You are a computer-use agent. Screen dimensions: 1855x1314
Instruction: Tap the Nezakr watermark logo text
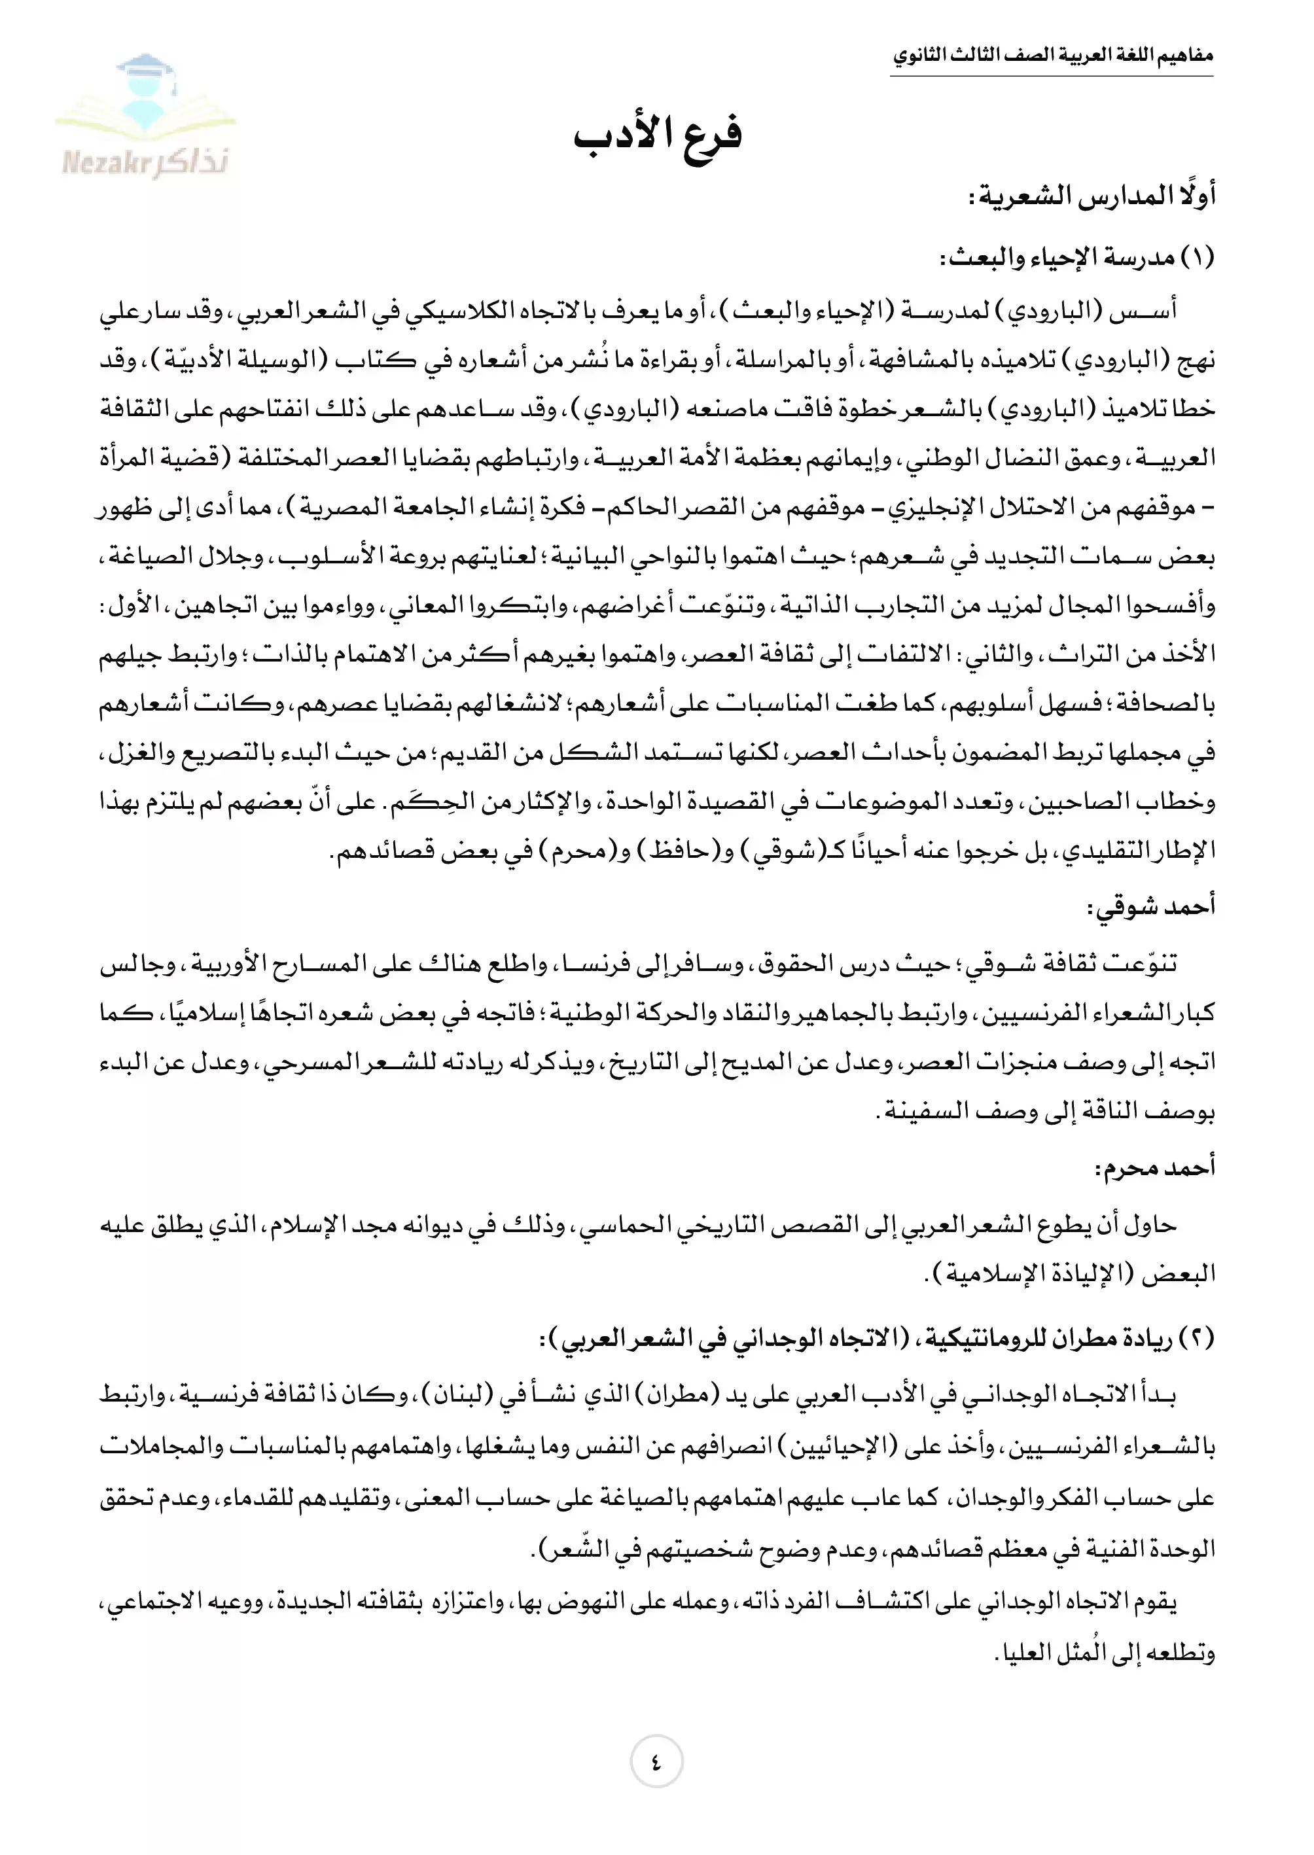click(x=146, y=163)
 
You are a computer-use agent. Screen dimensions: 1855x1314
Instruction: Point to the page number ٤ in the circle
click(x=656, y=1761)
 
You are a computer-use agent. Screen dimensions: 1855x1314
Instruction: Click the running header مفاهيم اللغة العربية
click(x=1052, y=57)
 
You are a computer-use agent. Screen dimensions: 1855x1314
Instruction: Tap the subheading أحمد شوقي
click(x=1150, y=907)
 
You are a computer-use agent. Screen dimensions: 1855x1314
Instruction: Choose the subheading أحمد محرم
click(x=1154, y=1168)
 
